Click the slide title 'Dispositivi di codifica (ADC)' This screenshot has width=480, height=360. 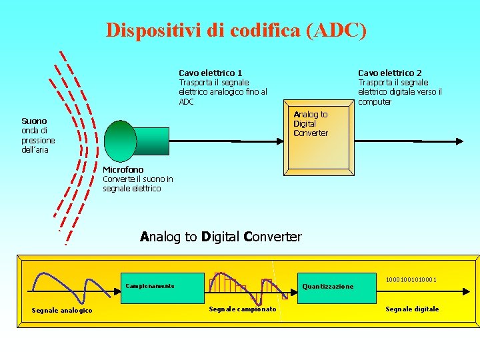[236, 31]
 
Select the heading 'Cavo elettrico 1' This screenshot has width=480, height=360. [211, 73]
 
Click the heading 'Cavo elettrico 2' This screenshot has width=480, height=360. [390, 73]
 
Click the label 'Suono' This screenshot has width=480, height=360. [34, 121]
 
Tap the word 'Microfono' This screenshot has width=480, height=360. [123, 170]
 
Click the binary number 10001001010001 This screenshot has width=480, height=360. [411, 280]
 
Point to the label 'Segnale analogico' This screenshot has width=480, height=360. [62, 310]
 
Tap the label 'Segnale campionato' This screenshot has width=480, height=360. [243, 309]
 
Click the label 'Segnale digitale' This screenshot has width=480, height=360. [412, 309]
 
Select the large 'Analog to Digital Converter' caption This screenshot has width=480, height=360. [221, 237]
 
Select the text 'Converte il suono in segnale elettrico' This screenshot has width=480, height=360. [137, 184]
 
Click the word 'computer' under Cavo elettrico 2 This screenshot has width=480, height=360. [375, 102]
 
